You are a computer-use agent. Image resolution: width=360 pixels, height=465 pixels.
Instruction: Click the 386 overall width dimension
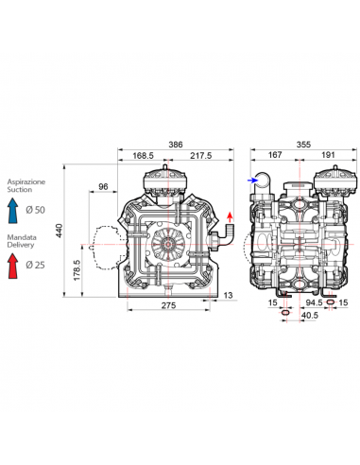pos(176,145)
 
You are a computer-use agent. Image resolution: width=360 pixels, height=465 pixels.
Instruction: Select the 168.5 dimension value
pos(143,156)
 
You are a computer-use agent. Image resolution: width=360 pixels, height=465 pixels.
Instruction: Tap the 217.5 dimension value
pos(201,156)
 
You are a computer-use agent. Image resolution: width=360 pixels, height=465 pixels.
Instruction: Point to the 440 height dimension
pos(60,231)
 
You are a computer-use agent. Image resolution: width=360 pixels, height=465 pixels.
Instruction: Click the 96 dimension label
pos(103,186)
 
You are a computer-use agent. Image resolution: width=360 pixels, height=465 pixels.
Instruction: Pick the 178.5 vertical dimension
pos(77,270)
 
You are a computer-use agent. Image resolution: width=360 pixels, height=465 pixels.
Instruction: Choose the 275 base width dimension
pos(168,305)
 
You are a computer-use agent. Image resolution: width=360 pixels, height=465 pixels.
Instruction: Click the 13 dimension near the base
pos(228,296)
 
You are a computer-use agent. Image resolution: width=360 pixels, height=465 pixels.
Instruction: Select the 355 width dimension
pos(303,145)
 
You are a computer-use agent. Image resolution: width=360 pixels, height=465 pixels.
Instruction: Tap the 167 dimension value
pos(275,155)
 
